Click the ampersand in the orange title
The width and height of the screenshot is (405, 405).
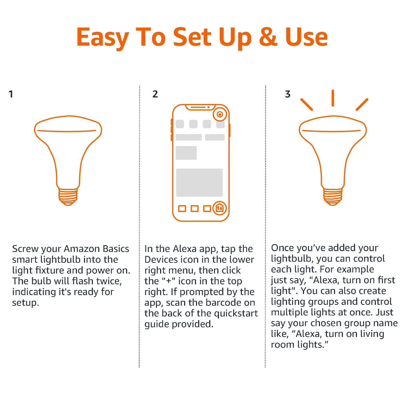coord(268,37)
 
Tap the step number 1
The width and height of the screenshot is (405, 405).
coord(11,94)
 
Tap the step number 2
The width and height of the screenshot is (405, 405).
coord(155,94)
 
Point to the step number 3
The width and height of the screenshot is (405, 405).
coord(288,94)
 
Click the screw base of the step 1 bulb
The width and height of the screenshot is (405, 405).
coord(68,196)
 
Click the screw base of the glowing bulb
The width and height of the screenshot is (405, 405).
coord(333,196)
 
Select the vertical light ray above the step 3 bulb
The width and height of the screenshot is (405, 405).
coord(333,98)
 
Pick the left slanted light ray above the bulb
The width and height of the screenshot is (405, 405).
coord(307,104)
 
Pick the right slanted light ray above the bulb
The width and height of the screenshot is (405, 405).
coord(362,104)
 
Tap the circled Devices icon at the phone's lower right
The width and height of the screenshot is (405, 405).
coord(220,208)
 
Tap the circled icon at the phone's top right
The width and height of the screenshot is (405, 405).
coord(220,114)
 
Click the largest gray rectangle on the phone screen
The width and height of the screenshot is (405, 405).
coord(199,183)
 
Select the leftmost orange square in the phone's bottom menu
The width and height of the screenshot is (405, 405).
coord(182,208)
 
